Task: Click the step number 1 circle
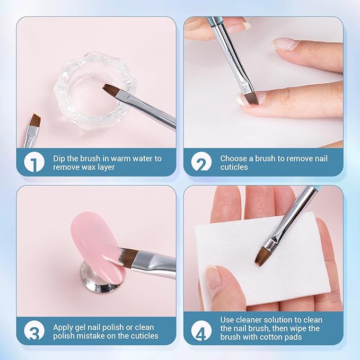(x=34, y=162)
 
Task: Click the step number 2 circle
(x=201, y=162)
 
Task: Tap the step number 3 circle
(x=34, y=331)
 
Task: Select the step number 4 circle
(x=201, y=331)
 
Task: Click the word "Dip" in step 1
(x=59, y=159)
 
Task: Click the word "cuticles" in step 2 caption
(x=234, y=167)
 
